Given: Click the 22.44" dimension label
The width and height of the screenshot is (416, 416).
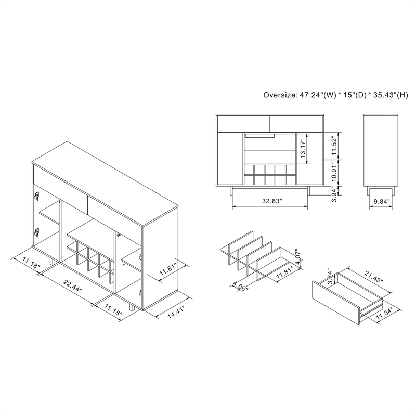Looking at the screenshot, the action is click(73, 285).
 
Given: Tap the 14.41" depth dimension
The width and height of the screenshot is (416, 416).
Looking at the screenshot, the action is click(176, 312).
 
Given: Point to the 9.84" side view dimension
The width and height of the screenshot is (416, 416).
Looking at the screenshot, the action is click(382, 201).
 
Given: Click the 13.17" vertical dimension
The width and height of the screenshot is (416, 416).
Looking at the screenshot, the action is click(303, 149).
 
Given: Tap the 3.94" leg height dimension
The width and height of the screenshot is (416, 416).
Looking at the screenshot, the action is click(334, 193).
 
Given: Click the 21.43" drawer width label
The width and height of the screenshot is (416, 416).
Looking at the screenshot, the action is click(374, 277).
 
